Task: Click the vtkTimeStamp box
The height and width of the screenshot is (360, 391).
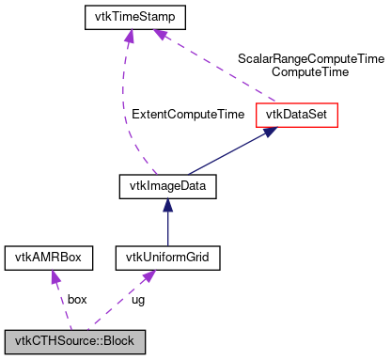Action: (134, 17)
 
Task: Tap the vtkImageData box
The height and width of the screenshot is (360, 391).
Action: (168, 186)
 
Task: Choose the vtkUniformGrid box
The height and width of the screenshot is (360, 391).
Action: (167, 257)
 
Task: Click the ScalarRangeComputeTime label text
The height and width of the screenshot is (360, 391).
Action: (309, 57)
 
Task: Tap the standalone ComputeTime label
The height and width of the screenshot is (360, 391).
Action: (309, 71)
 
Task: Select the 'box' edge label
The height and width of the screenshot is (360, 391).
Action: (77, 299)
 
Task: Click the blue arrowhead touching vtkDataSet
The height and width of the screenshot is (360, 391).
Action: (269, 133)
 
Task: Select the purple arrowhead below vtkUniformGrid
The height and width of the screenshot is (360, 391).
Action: (149, 275)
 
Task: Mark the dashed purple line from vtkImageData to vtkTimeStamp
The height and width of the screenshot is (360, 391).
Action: (125, 103)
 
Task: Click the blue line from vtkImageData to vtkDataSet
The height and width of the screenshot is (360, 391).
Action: (226, 153)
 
